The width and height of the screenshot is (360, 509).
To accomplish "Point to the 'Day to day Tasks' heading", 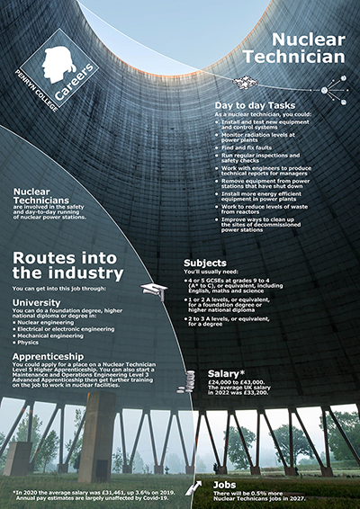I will [258, 105].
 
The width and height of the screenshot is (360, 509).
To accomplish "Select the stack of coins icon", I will [190, 380].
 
